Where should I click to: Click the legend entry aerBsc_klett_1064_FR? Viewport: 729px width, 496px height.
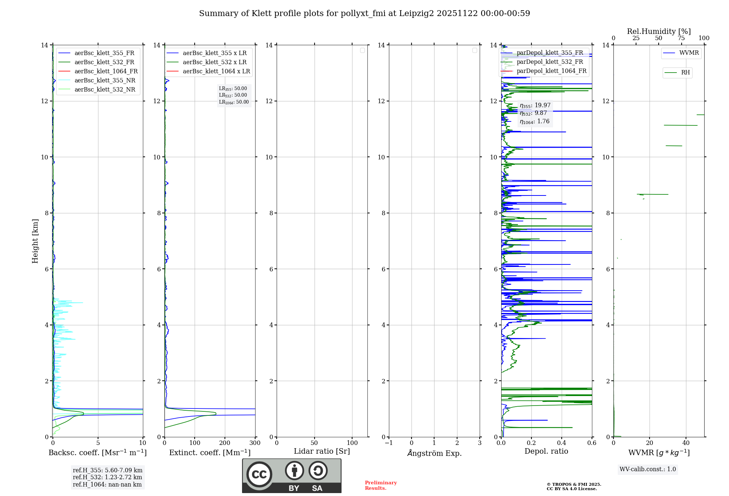click(106, 71)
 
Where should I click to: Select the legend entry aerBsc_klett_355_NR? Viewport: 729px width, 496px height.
click(105, 80)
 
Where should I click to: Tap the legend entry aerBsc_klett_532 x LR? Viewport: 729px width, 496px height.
click(214, 62)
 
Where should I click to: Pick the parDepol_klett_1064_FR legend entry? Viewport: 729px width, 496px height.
click(551, 71)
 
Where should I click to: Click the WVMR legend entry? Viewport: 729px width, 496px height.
click(689, 53)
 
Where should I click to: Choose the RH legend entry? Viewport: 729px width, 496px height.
click(685, 73)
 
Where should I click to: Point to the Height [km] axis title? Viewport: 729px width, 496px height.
click(35, 241)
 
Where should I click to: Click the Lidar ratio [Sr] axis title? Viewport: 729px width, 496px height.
click(322, 451)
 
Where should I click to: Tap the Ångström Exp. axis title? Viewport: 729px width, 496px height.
click(434, 453)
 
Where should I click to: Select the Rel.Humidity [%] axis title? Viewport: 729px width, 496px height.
click(659, 31)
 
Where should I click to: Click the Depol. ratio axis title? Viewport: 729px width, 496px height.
click(546, 451)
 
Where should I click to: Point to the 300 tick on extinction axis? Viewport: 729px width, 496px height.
click(255, 443)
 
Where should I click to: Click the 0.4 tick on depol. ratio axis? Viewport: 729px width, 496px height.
click(561, 443)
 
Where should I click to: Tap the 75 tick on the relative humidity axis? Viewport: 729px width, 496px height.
click(681, 38)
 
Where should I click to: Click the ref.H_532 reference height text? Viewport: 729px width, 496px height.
click(107, 477)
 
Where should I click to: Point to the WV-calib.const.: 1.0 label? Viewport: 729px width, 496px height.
click(648, 469)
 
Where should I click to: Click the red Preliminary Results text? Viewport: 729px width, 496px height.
click(381, 485)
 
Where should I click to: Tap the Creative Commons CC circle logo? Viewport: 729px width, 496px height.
click(259, 474)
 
